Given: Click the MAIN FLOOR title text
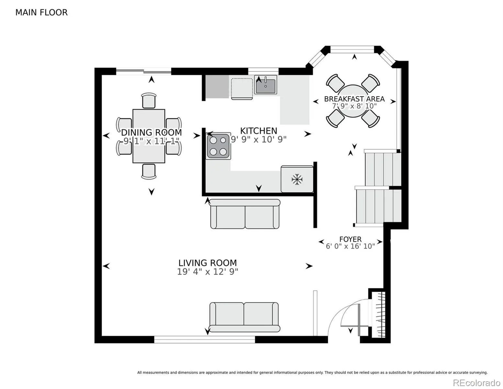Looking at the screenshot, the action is point(41,13).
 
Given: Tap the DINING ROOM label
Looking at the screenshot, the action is point(151,133).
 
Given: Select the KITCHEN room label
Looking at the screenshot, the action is point(258,131).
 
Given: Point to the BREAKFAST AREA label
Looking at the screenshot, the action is point(354,99).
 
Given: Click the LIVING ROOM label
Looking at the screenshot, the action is point(208,263).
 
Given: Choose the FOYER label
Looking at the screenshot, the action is point(350,239).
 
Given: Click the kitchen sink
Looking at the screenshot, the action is point(266,85).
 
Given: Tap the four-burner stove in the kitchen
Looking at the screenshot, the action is point(218,146).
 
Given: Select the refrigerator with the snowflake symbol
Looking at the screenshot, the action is point(297,179).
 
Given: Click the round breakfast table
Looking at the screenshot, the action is point(353,101).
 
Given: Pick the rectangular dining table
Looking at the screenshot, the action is point(149,136).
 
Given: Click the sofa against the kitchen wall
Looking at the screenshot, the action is point(245,214).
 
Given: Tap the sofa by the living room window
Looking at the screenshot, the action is point(244,317).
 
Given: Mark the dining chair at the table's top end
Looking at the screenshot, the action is point(149,100).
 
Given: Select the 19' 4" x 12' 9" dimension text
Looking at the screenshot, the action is point(208,272).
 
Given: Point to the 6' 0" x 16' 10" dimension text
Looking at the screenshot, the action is point(350,246).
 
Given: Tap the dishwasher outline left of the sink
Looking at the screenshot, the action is point(242,89).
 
